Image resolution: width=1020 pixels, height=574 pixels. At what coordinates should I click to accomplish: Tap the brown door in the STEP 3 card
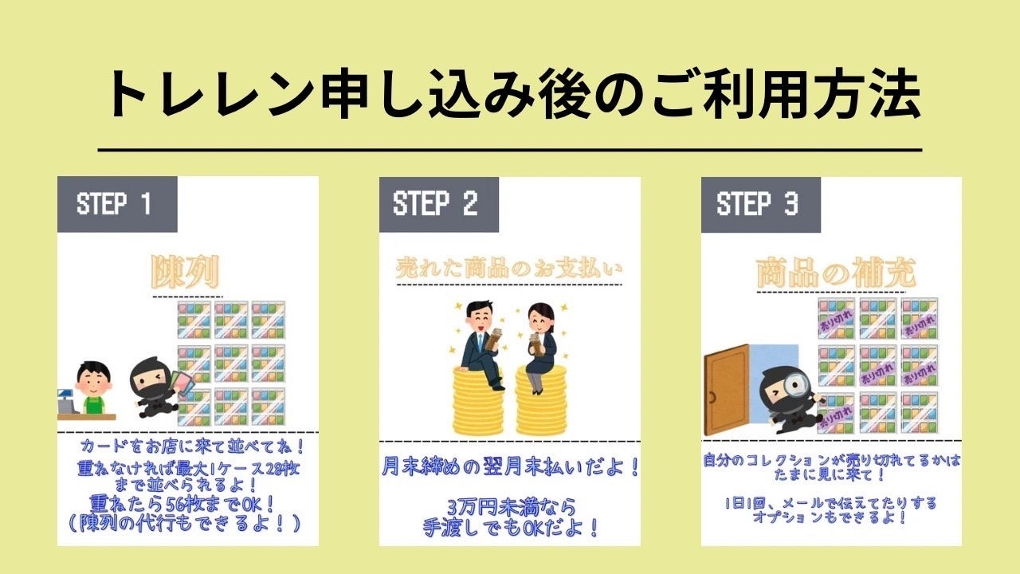(725, 389)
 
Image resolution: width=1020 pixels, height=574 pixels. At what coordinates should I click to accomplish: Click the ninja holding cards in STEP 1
(154, 388)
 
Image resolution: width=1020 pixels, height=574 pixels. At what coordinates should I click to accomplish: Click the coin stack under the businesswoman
(540, 402)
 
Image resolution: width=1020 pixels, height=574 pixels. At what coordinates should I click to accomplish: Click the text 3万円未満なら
(510, 506)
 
